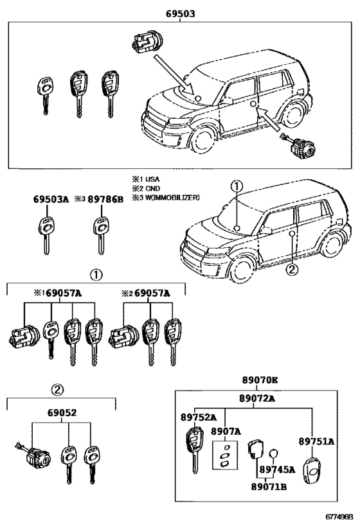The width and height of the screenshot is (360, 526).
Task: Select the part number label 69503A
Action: (51, 200)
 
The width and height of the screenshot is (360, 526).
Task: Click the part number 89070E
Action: (260, 380)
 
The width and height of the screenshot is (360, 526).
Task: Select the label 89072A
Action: (257, 398)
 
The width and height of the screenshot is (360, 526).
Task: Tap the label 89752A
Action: (198, 416)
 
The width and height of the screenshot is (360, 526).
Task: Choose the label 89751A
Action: (316, 441)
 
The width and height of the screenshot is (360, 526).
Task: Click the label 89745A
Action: (276, 469)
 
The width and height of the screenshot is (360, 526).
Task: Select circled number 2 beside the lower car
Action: (292, 270)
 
